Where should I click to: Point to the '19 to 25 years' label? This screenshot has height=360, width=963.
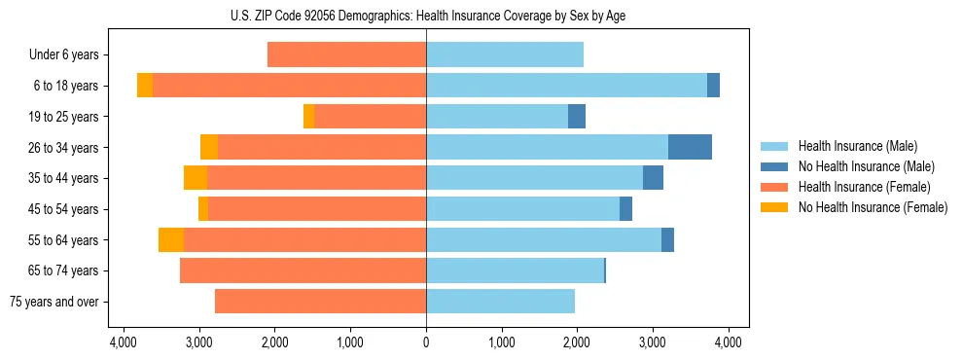(x=64, y=117)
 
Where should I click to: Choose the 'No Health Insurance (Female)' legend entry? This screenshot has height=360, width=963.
(x=873, y=207)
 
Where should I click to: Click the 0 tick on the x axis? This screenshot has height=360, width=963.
(x=426, y=342)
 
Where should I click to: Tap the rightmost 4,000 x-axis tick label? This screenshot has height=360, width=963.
(x=729, y=342)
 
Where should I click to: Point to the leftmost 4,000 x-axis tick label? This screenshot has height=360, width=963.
(x=123, y=342)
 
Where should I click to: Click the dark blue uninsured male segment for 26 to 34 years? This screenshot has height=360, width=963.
(x=690, y=147)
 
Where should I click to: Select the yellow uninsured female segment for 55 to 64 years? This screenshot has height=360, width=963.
(x=171, y=239)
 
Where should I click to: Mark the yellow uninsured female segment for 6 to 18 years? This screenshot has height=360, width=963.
(x=145, y=86)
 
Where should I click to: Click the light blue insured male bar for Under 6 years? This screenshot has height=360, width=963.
(x=505, y=55)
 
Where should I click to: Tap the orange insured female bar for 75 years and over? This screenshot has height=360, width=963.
(x=320, y=302)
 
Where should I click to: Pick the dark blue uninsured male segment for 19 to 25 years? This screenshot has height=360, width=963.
(x=577, y=117)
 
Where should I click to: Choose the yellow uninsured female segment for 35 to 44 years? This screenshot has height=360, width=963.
(x=196, y=178)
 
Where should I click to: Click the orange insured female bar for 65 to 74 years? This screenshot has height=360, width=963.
(x=303, y=270)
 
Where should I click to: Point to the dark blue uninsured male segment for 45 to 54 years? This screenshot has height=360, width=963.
(x=625, y=209)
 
